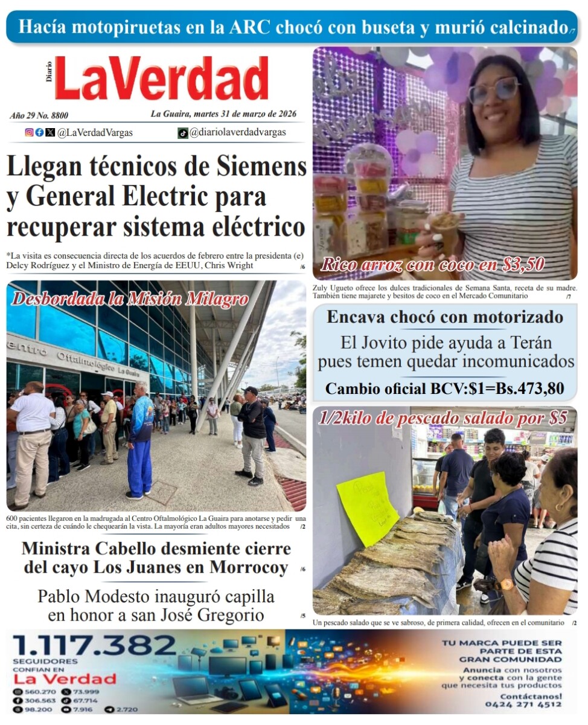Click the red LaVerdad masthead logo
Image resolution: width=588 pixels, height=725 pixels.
coord(161,79)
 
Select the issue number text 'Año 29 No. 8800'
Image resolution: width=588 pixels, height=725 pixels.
coord(39,115)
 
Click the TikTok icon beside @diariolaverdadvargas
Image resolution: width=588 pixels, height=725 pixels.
coord(182,133)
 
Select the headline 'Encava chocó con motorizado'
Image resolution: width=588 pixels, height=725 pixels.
coord(445,317)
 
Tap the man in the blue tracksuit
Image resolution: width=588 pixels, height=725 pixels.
coord(140,439)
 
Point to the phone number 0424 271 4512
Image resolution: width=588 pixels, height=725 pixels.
coord(523,704)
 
